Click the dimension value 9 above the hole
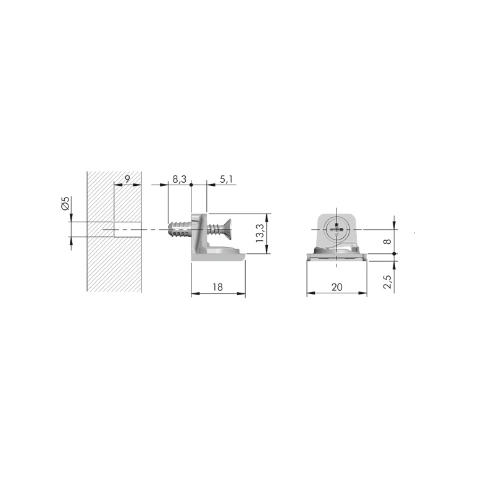click(x=127, y=179)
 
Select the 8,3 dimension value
click(x=179, y=179)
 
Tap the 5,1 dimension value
click(x=226, y=179)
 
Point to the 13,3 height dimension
click(x=260, y=233)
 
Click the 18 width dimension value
click(x=217, y=287)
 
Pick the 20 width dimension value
click(x=337, y=287)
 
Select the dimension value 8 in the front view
click(x=388, y=241)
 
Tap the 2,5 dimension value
click(x=387, y=282)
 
